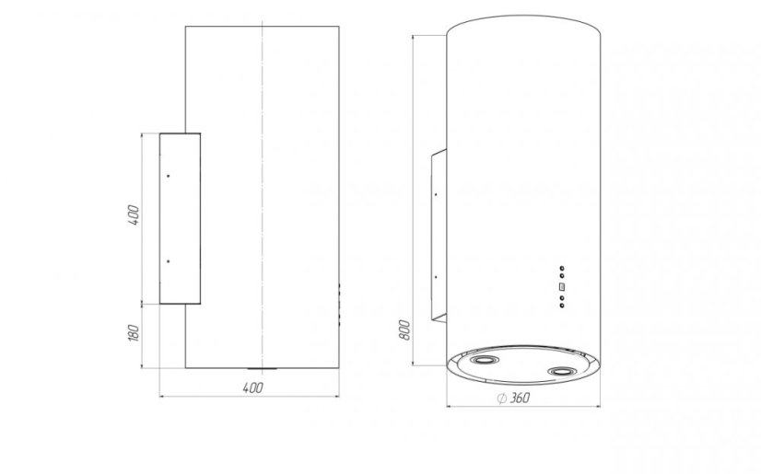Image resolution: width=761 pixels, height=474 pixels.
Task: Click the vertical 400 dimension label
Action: pyautogui.click(x=134, y=215)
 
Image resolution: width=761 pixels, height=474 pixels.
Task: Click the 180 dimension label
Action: pyautogui.click(x=134, y=333)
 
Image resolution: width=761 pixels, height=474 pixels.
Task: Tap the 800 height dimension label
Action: pyautogui.click(x=405, y=330)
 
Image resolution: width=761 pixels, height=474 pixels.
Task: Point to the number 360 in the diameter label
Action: pyautogui.click(x=520, y=398)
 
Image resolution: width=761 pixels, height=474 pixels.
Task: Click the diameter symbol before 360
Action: pyautogui.click(x=502, y=399)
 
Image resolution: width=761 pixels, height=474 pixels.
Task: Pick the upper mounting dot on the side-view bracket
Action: pyautogui.click(x=169, y=176)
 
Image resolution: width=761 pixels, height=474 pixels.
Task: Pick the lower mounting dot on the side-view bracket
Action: pyautogui.click(x=169, y=261)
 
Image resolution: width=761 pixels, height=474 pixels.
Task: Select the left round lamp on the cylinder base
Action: pyautogui.click(x=485, y=360)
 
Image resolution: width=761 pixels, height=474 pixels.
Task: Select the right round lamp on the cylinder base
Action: pyautogui.click(x=562, y=372)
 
